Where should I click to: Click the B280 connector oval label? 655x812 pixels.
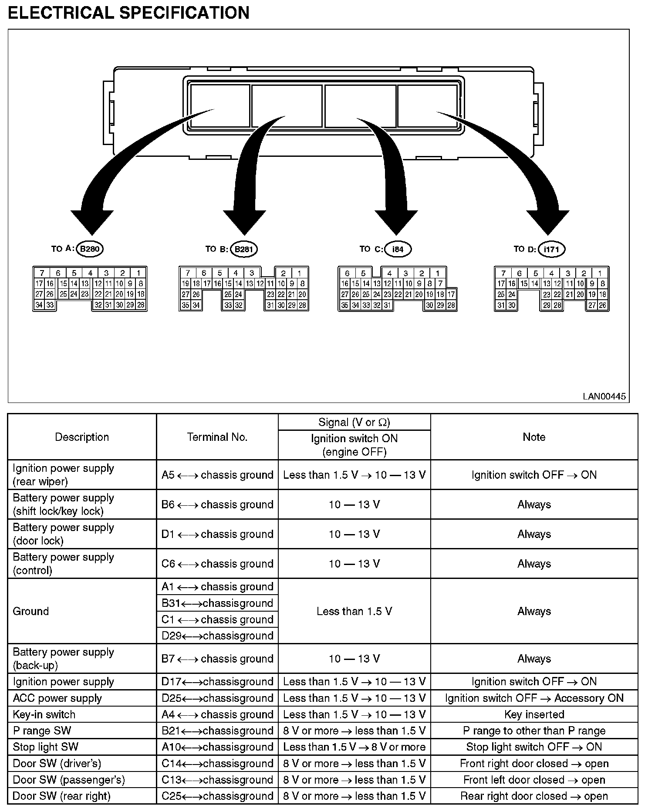tap(90, 249)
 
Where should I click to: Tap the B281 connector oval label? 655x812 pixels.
tap(244, 249)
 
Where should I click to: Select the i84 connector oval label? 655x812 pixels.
tap(398, 249)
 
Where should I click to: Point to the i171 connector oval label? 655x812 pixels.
tap(551, 249)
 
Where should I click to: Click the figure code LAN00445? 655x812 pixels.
tap(604, 396)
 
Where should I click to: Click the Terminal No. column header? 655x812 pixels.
tap(217, 437)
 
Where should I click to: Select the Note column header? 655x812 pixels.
tap(534, 437)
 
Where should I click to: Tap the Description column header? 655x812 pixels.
tap(82, 437)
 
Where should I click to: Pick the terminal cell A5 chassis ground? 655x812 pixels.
tap(217, 475)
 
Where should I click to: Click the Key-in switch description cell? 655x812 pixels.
tap(44, 714)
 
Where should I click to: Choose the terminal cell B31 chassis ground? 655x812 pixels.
tap(217, 603)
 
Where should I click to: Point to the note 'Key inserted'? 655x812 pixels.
tap(534, 714)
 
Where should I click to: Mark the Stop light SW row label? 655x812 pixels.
tap(45, 747)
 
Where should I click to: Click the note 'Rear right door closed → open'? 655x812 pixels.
tap(534, 796)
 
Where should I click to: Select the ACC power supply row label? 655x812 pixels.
tap(57, 698)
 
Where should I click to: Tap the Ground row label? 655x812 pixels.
tap(30, 611)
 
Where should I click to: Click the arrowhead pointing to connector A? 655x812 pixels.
tap(92, 222)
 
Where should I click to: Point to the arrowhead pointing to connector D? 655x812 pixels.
tap(548, 222)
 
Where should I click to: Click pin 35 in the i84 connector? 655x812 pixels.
tap(344, 305)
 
